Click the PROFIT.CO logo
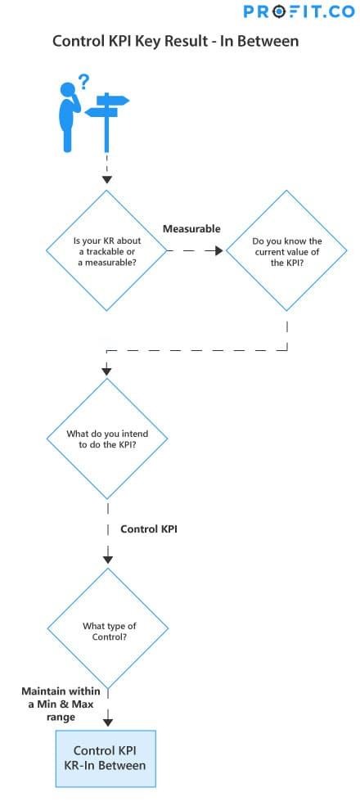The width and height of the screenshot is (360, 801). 299,11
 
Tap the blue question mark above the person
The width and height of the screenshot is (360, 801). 83,82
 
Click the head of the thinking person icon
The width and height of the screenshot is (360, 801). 67,90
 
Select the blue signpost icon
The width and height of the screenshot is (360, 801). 106,122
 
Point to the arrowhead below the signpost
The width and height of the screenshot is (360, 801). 106,179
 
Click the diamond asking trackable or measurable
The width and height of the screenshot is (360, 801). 106,250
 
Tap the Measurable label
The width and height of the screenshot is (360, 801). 191,229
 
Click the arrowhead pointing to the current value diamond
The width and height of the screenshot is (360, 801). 218,251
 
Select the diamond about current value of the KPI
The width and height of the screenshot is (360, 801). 286,250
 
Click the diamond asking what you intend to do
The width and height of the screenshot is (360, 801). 107,439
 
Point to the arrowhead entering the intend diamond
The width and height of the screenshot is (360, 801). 107,371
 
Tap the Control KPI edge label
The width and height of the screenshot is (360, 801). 149,529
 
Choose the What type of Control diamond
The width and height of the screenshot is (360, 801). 108,628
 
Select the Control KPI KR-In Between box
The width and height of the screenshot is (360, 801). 106,758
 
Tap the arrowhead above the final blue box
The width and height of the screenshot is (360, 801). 108,722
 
